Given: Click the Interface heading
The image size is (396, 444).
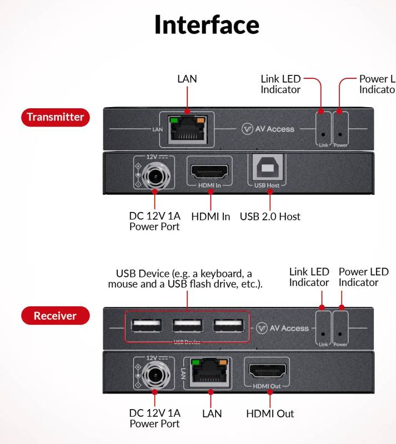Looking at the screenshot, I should pos(207,25).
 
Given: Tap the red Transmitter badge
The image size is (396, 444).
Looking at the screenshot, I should pos(55,117).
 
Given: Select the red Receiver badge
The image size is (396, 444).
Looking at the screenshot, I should pos(55,316).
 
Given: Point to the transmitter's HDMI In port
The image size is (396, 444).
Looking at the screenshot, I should pos(210,170).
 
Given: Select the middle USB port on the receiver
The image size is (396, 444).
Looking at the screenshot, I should pos(187,326).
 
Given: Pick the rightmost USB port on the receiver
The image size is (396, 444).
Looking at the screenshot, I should pos(228,326).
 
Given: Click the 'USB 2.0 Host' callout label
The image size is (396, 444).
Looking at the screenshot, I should pos(270,216).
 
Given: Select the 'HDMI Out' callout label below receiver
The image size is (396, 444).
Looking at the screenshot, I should pos(270,413).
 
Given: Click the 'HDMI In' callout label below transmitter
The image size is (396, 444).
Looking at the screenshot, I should pos(210,216).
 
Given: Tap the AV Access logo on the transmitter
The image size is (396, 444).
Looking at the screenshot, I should pos(268,129).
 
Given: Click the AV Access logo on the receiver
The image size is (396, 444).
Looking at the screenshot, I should pos(283,328).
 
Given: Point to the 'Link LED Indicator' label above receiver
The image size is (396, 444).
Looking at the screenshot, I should pos(309,277).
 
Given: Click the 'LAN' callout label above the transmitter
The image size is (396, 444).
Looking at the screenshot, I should pos(187,79).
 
